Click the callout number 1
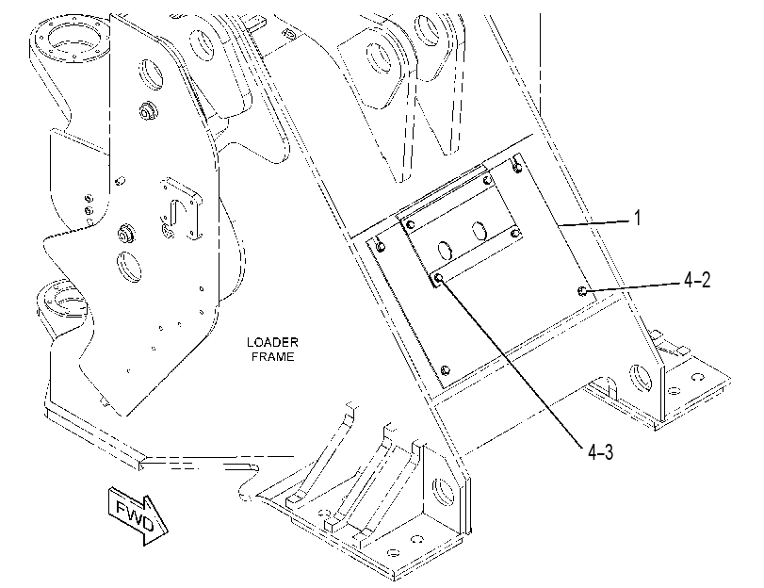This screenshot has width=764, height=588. (638, 218)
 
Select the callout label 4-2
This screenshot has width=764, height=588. (697, 280)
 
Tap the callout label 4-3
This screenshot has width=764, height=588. (600, 452)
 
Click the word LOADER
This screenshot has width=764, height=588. (272, 342)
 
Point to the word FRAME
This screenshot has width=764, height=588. (273, 357)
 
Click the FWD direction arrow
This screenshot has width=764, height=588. (138, 515)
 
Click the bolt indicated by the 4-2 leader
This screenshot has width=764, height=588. (582, 291)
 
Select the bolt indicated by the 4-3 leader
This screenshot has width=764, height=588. (438, 278)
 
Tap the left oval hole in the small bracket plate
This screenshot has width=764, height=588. (446, 250)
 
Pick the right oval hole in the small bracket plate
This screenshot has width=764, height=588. (479, 231)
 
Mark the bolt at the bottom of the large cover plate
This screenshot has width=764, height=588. (445, 370)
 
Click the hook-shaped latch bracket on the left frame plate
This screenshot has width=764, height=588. (180, 208)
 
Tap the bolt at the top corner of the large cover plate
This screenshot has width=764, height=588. (517, 168)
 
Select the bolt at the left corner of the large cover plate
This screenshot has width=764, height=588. (381, 247)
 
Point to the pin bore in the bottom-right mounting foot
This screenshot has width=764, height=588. (641, 378)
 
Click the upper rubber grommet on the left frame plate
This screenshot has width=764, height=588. (148, 110)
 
